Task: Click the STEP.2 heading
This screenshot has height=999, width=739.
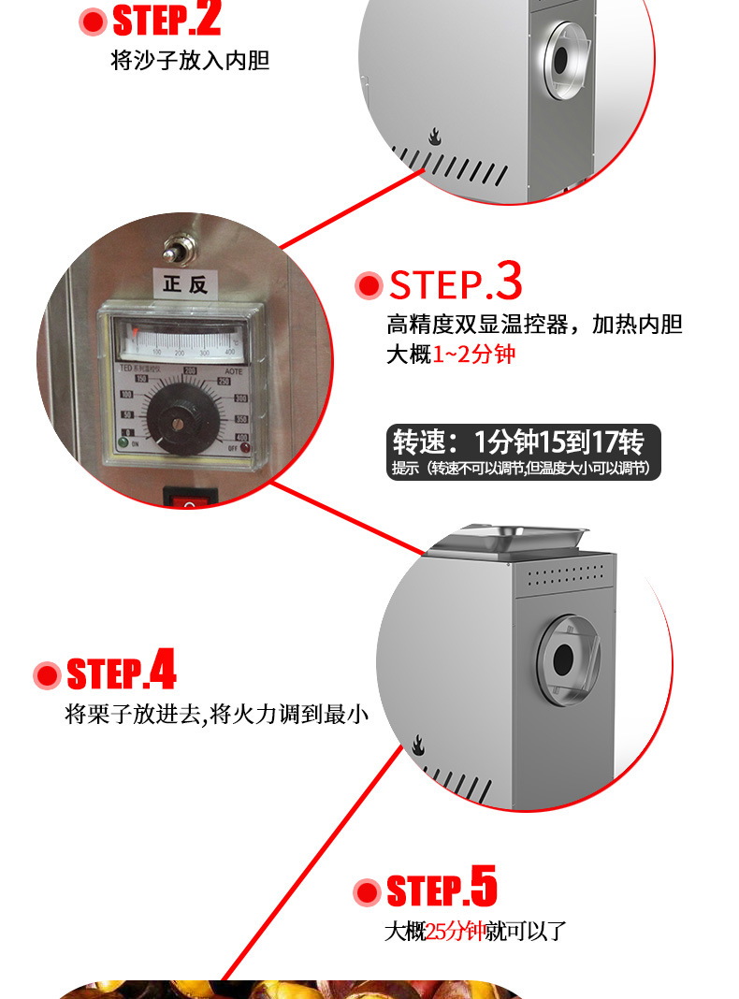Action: (167, 18)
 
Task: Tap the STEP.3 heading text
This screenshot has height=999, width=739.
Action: (456, 283)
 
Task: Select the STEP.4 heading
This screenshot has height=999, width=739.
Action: (121, 673)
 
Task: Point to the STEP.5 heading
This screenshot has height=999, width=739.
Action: (442, 890)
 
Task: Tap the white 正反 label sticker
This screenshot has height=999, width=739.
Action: (184, 284)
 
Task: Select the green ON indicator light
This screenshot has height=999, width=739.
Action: (125, 445)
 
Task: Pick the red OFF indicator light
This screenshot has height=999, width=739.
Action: (245, 447)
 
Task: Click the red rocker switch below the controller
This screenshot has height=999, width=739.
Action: (192, 498)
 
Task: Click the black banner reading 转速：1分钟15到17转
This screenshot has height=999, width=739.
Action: (523, 452)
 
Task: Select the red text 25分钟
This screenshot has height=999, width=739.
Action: (455, 932)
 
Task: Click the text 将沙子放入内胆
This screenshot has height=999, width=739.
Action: (190, 62)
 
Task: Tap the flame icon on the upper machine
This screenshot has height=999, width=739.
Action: (434, 137)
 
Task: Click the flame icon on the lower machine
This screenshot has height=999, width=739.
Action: (417, 745)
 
